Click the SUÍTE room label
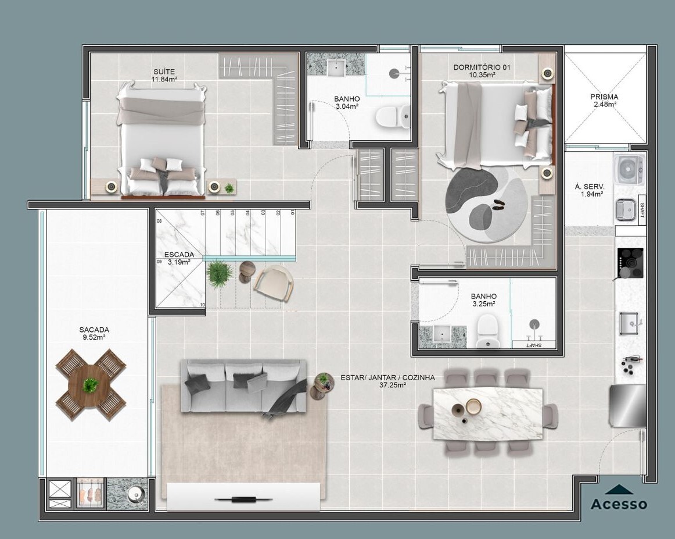tap(164, 72)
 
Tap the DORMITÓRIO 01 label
tap(482, 67)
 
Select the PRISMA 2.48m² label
tap(604, 101)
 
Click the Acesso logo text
tap(619, 504)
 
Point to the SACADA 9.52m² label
tap(94, 334)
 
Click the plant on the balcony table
tap(91, 384)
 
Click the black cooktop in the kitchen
tap(630, 263)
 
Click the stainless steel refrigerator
tap(627, 405)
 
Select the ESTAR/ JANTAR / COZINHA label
tap(387, 378)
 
